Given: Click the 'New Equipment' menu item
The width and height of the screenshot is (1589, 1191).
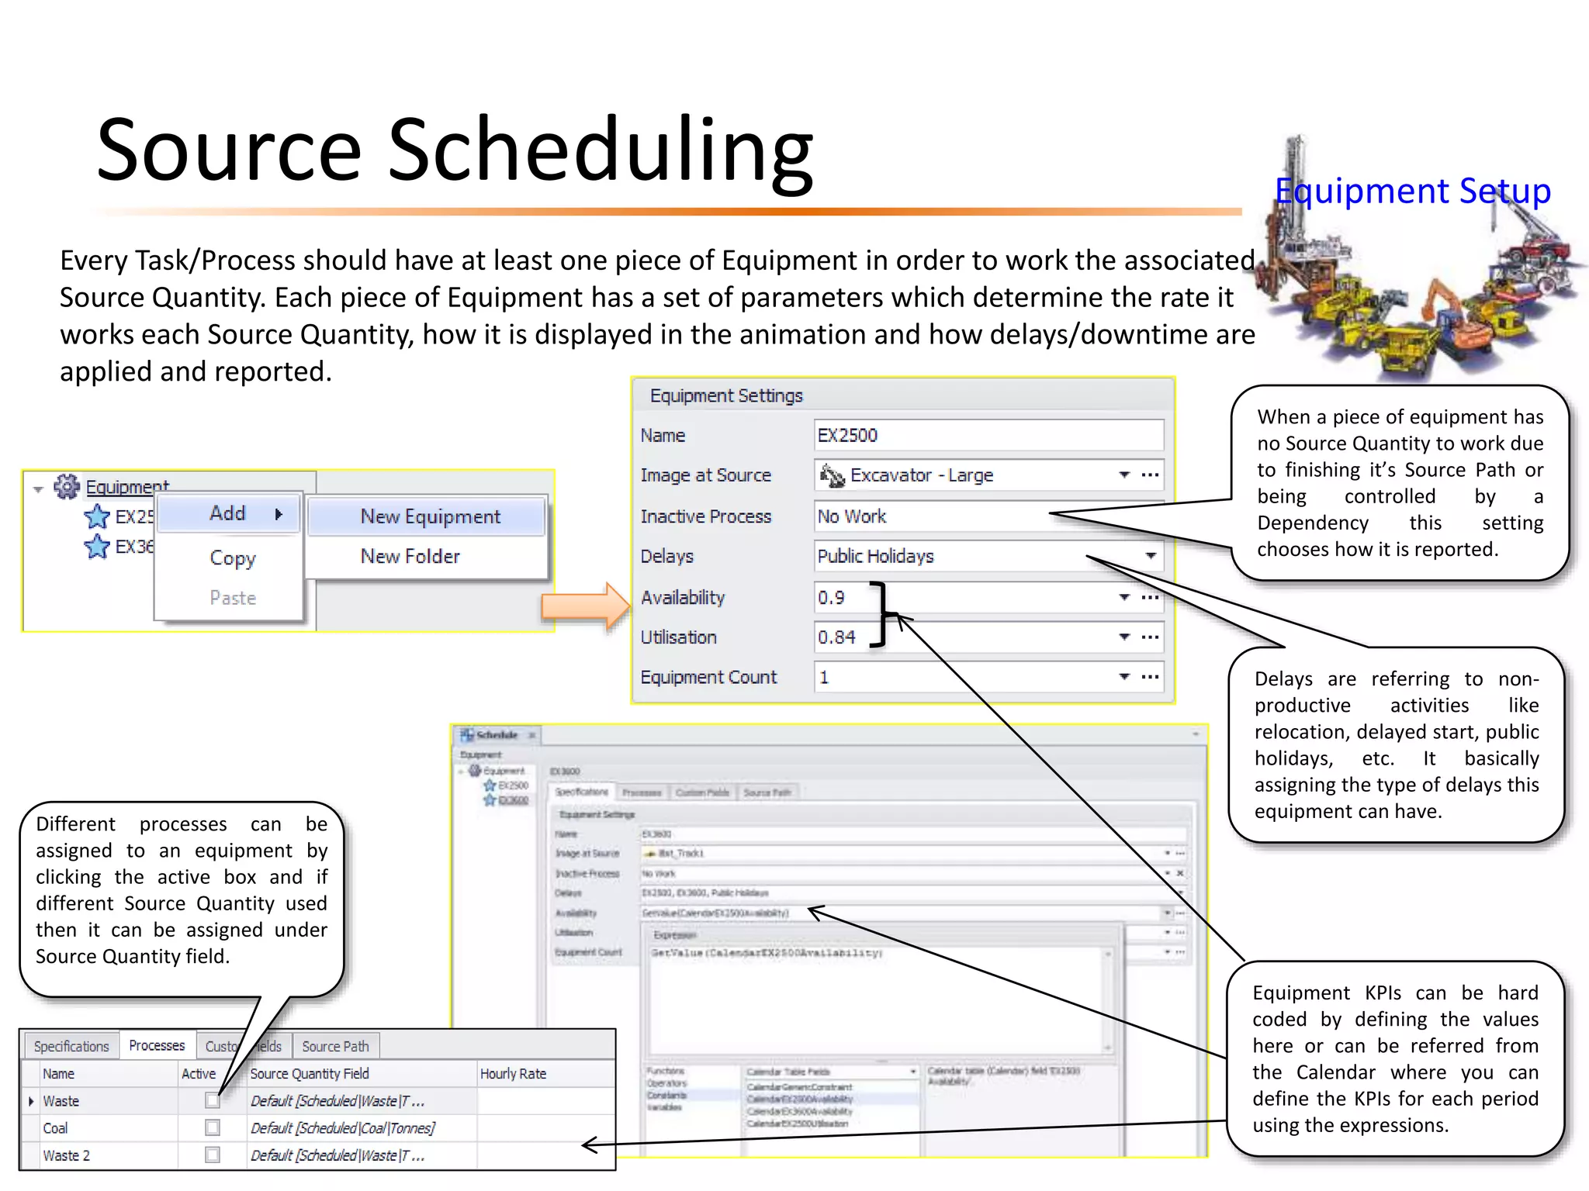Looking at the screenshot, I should pyautogui.click(x=430, y=516).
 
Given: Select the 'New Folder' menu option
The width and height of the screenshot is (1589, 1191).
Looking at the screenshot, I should pyautogui.click(x=410, y=556).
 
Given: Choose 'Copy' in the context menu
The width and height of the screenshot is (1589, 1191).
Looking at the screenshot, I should pyautogui.click(x=232, y=558).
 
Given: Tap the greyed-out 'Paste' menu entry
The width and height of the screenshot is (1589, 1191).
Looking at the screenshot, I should pyautogui.click(x=232, y=598).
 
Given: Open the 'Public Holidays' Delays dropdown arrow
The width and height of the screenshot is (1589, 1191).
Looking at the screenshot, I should pyautogui.click(x=1151, y=556).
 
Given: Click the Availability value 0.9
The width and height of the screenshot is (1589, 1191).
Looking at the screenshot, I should pyautogui.click(x=832, y=598).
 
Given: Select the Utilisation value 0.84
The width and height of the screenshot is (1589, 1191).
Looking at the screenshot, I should pyautogui.click(x=836, y=637).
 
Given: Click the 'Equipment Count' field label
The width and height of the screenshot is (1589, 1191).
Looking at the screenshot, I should pyautogui.click(x=708, y=677).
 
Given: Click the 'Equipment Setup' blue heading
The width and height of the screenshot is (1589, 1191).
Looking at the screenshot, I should pyautogui.click(x=1412, y=191).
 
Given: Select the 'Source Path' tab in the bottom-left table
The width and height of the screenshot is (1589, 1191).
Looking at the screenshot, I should pyautogui.click(x=335, y=1046).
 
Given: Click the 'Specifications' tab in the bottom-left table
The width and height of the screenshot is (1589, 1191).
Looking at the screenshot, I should pyautogui.click(x=71, y=1046).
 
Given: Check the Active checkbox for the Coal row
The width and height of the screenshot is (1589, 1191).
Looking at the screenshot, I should pyautogui.click(x=212, y=1127).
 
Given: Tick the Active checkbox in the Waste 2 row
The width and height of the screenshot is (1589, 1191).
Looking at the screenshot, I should pyautogui.click(x=212, y=1155).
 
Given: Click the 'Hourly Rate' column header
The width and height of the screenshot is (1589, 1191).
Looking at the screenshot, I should pyautogui.click(x=513, y=1073).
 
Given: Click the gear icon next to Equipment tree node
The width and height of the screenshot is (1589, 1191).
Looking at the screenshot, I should pyautogui.click(x=67, y=487).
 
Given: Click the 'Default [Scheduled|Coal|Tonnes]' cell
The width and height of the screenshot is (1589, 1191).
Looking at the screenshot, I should pyautogui.click(x=342, y=1127).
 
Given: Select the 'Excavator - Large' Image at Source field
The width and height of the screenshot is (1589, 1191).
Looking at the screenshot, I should pyautogui.click(x=962, y=475).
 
